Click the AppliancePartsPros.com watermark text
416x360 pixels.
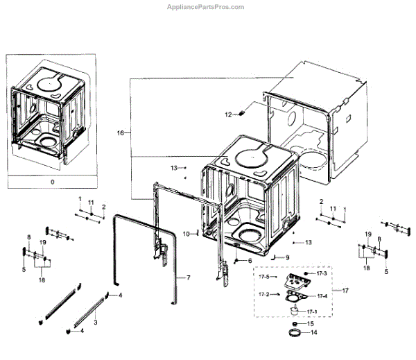click(x=207, y=6)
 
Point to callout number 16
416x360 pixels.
click(x=121, y=132)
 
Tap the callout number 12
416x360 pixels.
click(x=227, y=114)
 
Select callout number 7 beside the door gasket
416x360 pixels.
click(x=187, y=277)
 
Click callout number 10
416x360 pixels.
click(x=186, y=234)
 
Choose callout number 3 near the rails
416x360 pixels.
click(x=95, y=323)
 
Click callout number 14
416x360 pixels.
click(x=313, y=333)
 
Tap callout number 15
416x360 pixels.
click(x=311, y=323)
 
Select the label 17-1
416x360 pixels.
click(x=311, y=311)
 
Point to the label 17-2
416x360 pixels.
click(x=264, y=295)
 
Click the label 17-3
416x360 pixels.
click(x=321, y=274)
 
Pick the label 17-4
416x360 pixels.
click(x=321, y=295)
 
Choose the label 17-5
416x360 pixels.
click(x=264, y=277)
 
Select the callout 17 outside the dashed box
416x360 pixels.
click(x=338, y=290)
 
